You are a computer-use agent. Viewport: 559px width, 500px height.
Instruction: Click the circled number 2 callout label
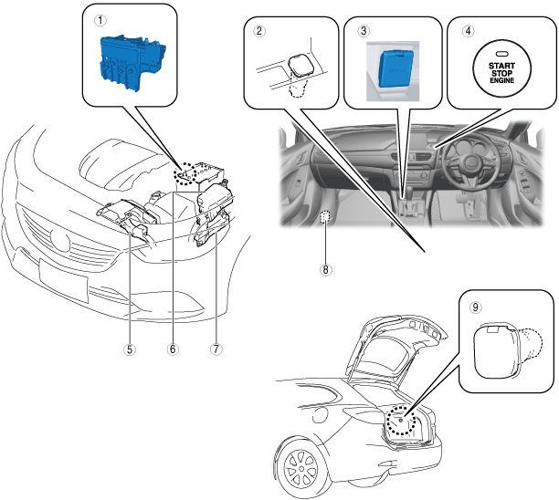coord(260,30)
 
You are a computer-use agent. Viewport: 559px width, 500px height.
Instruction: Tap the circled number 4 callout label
coord(469,30)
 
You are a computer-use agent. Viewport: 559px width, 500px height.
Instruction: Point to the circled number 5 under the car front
coord(131,348)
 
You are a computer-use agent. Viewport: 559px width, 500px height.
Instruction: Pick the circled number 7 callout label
coord(216,348)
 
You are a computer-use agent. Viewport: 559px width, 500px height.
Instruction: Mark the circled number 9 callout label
coord(476,307)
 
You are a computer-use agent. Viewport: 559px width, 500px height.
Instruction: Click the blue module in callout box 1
coord(132,61)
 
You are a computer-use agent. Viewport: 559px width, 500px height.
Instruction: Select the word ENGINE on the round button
coord(501,81)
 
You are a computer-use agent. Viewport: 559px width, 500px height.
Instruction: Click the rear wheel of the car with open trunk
coord(301,467)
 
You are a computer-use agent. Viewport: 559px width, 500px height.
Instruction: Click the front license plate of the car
coord(64,278)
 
